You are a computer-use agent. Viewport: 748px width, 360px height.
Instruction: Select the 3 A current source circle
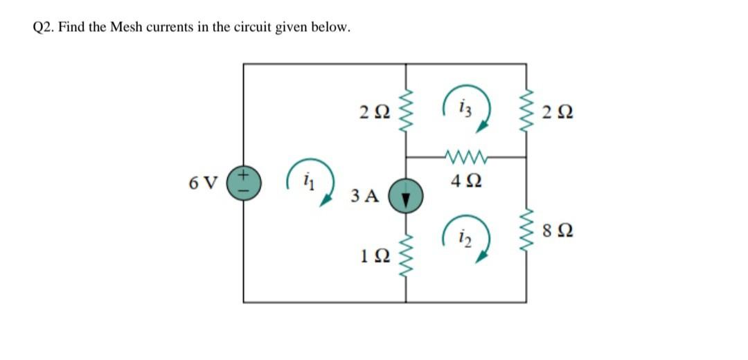405,195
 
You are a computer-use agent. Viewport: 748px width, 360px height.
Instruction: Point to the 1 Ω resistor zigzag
405,257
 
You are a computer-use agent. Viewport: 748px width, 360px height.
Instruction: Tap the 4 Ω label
465,183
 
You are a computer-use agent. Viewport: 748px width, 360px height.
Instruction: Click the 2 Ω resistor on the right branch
528,110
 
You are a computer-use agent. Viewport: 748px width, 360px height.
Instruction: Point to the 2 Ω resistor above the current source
405,110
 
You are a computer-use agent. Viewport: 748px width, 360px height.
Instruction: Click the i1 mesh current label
306,185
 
